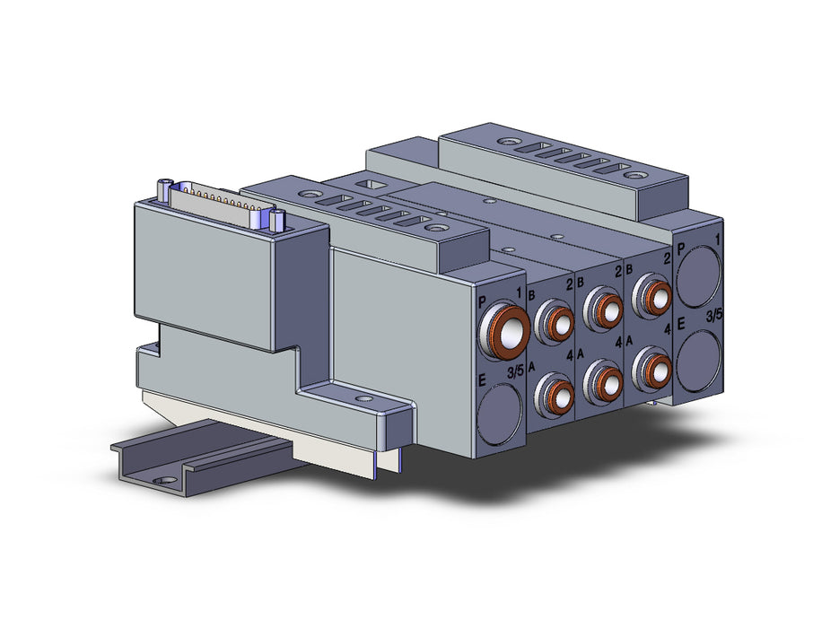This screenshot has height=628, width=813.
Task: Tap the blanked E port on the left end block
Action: tap(500, 414)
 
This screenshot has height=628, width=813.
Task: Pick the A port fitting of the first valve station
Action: tap(554, 395)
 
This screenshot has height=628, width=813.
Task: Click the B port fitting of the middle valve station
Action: tap(602, 310)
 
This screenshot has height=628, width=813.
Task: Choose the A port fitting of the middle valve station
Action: tap(602, 382)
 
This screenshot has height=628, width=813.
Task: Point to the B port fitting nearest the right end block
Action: tap(651, 296)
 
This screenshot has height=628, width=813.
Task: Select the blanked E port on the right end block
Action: tap(699, 361)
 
